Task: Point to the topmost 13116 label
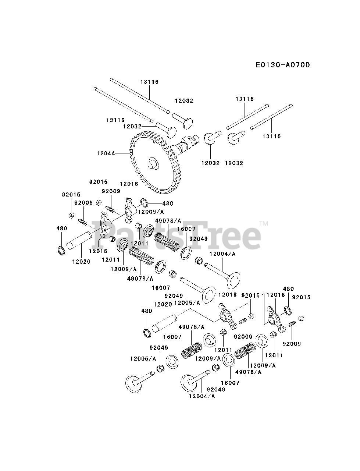point(149,82)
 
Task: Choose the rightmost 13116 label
point(271,136)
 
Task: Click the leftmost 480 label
point(62,229)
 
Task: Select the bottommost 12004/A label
point(202,396)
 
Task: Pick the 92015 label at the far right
point(302,297)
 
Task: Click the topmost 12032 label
point(184,100)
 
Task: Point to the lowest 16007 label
point(230,383)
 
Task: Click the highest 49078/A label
point(168,220)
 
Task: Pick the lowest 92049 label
point(216,389)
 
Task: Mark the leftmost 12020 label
point(81,261)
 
